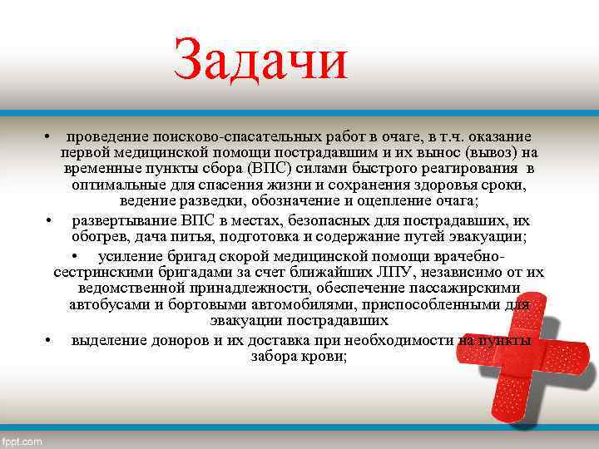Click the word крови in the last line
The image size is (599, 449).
tap(326, 356)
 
